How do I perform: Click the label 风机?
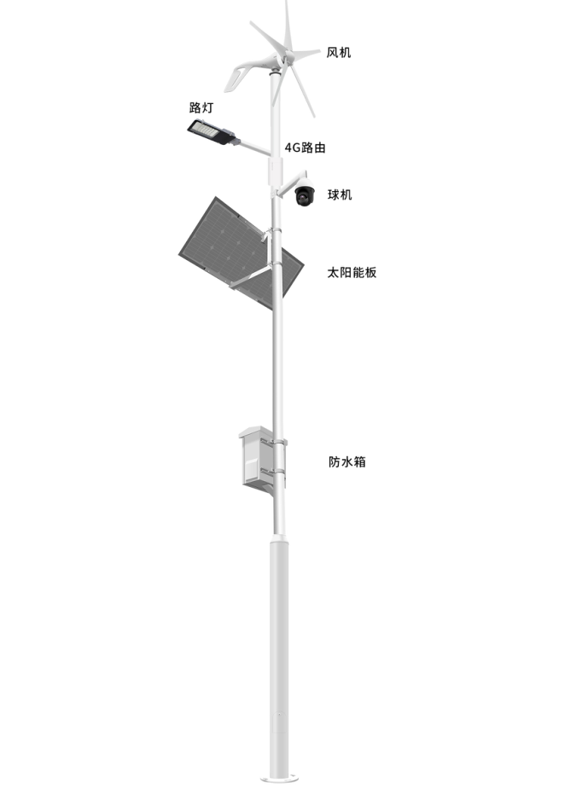point(338,52)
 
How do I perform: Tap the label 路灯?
point(201,107)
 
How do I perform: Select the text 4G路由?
point(305,148)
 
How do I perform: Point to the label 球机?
point(340,194)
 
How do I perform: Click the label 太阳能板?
point(352,272)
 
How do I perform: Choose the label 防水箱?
point(347,461)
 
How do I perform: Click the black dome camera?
point(305,194)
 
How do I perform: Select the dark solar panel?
point(241,253)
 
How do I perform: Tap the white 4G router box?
point(275,171)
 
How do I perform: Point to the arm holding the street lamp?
point(253,147)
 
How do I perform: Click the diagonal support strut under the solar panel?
point(250,277)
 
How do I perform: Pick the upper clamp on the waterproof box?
point(274,442)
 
